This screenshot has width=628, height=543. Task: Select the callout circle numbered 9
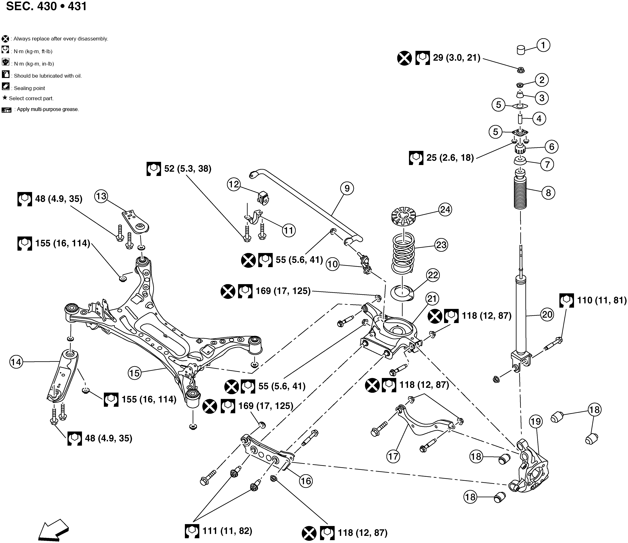click(x=347, y=189)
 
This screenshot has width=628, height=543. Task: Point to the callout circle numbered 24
click(x=445, y=209)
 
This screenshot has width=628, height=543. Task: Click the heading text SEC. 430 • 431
click(x=46, y=6)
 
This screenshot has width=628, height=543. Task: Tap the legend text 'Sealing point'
click(x=29, y=88)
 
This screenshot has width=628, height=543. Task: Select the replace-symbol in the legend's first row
click(x=5, y=39)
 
